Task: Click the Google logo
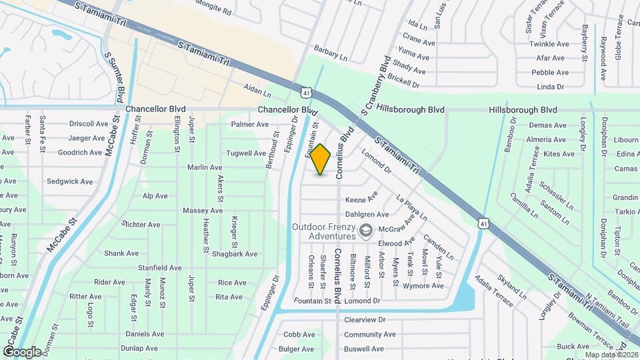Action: point(22,351)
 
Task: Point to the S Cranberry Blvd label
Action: point(375,83)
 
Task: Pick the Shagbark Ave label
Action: point(235,254)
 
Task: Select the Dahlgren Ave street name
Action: point(367,215)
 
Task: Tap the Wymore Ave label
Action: point(424,286)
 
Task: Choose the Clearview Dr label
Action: point(365,320)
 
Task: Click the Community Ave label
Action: point(365,335)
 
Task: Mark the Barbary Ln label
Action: point(331,58)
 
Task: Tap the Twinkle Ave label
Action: point(549,44)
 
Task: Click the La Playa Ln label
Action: point(411,208)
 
